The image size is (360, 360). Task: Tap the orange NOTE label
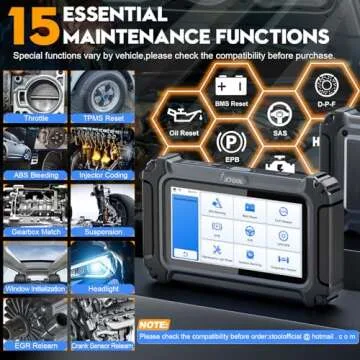pyautogui.click(x=155, y=325)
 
